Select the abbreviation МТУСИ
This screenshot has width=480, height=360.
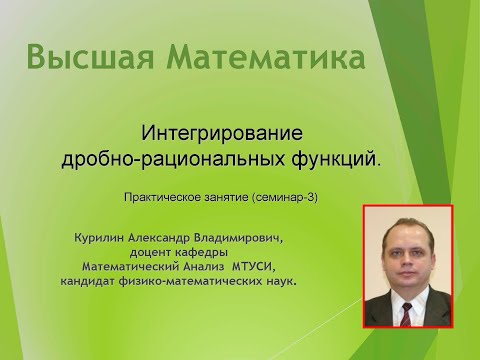255,268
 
